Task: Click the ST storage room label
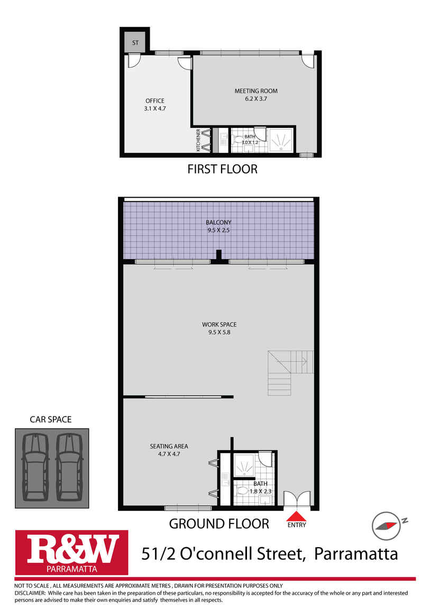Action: click(135, 43)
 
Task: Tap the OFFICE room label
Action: click(155, 101)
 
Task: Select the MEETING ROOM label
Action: click(256, 91)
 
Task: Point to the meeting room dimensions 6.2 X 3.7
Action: click(256, 99)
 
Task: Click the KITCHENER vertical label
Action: click(198, 140)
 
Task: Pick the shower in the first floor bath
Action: click(281, 140)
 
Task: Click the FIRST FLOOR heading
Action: click(222, 169)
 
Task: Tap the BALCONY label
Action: click(218, 223)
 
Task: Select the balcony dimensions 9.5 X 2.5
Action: click(218, 231)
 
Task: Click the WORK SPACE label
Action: click(219, 325)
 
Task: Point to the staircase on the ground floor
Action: click(290, 373)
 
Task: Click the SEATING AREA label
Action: click(169, 446)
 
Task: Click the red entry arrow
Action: click(296, 516)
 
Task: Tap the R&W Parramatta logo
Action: click(72, 552)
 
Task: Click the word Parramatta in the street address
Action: click(356, 554)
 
